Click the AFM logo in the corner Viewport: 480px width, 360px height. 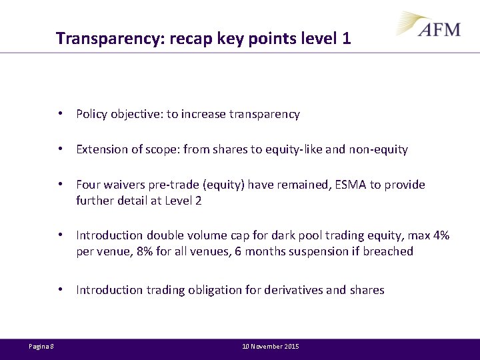point(430,25)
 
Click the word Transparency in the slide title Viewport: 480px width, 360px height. point(111,39)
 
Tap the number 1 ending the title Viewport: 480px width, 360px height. point(346,39)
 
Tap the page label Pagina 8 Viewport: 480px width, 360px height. point(41,347)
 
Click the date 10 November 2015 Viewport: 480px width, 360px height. point(271,347)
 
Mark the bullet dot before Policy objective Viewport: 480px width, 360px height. point(61,114)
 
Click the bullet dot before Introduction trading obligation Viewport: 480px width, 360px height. point(61,290)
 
